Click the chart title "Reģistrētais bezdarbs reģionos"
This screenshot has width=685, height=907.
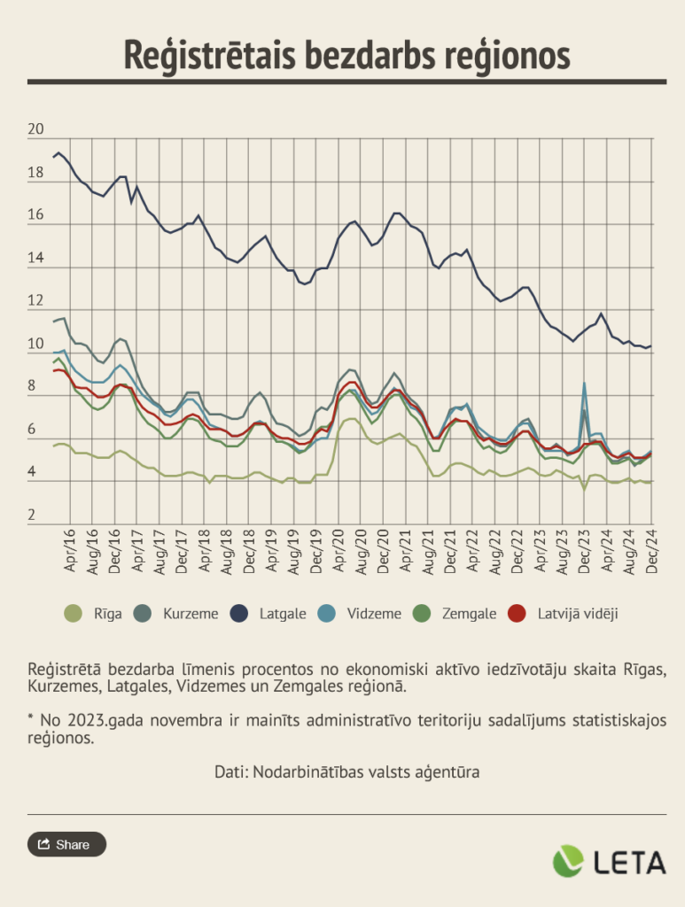[346, 54]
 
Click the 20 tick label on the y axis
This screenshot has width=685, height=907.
[36, 130]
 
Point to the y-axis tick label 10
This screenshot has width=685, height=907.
[36, 345]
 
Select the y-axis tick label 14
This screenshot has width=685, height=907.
[36, 259]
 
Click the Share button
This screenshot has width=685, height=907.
[66, 844]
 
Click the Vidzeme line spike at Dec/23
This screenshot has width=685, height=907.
[585, 384]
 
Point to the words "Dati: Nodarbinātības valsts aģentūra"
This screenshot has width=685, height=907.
[346, 771]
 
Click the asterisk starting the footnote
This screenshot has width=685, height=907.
[31, 719]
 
